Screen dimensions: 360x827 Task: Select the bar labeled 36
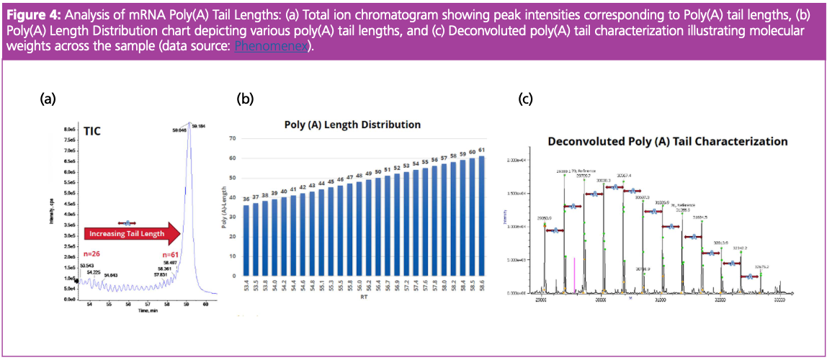246,240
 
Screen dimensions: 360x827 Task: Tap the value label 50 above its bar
377,171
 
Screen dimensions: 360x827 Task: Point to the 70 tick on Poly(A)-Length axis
233,138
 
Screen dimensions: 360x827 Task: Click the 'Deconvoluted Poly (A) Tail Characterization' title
668,142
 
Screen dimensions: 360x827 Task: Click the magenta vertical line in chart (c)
575,275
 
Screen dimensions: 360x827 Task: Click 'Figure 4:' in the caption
30,9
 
